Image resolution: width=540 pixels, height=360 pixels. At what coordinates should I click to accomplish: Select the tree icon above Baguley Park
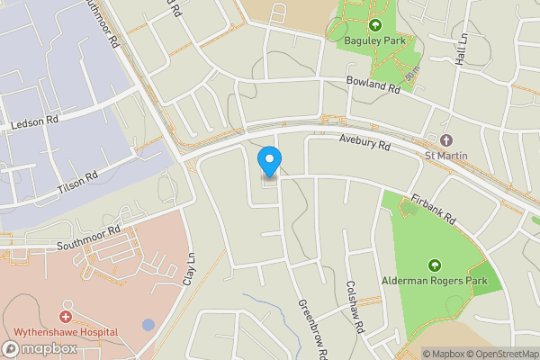[x=375, y=24]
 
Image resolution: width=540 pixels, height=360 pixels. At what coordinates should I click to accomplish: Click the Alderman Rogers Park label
[x=435, y=282]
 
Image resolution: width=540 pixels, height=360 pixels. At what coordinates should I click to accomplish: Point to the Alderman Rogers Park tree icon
[x=435, y=265]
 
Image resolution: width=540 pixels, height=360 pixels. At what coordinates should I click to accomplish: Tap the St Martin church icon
[x=445, y=140]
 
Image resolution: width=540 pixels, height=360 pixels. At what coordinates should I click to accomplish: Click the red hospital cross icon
[x=65, y=317]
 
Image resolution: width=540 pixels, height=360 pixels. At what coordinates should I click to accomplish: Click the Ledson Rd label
[x=33, y=120]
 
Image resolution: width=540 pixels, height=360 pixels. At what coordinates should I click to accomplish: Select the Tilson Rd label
[x=77, y=180]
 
